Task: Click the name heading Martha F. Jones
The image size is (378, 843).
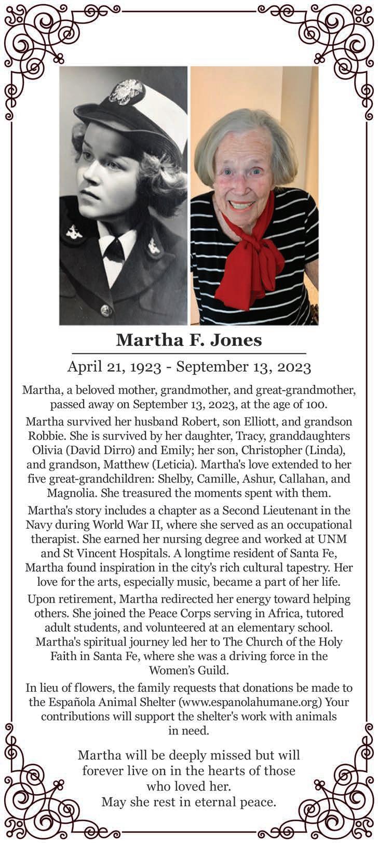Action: [189, 340]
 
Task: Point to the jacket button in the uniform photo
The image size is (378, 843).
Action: [106, 311]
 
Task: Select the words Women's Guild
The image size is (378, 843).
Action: [188, 670]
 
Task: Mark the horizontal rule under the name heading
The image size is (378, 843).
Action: [189, 353]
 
